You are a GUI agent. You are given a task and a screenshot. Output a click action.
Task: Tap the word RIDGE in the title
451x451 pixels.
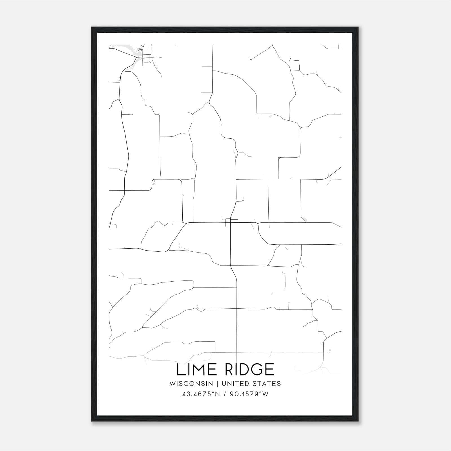coord(249,370)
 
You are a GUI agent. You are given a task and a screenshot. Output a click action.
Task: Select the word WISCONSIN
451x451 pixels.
coord(193,384)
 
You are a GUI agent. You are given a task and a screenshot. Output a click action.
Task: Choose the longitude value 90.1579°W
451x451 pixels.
coord(249,394)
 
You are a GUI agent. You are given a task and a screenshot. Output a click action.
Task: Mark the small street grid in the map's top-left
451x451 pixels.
coord(147,59)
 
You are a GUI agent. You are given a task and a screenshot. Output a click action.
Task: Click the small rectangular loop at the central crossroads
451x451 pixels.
coord(232,221)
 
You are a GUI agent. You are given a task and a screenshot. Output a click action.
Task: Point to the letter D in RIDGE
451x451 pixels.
coord(243,370)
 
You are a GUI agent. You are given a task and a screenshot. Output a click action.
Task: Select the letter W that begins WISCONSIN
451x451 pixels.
coord(173,384)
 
